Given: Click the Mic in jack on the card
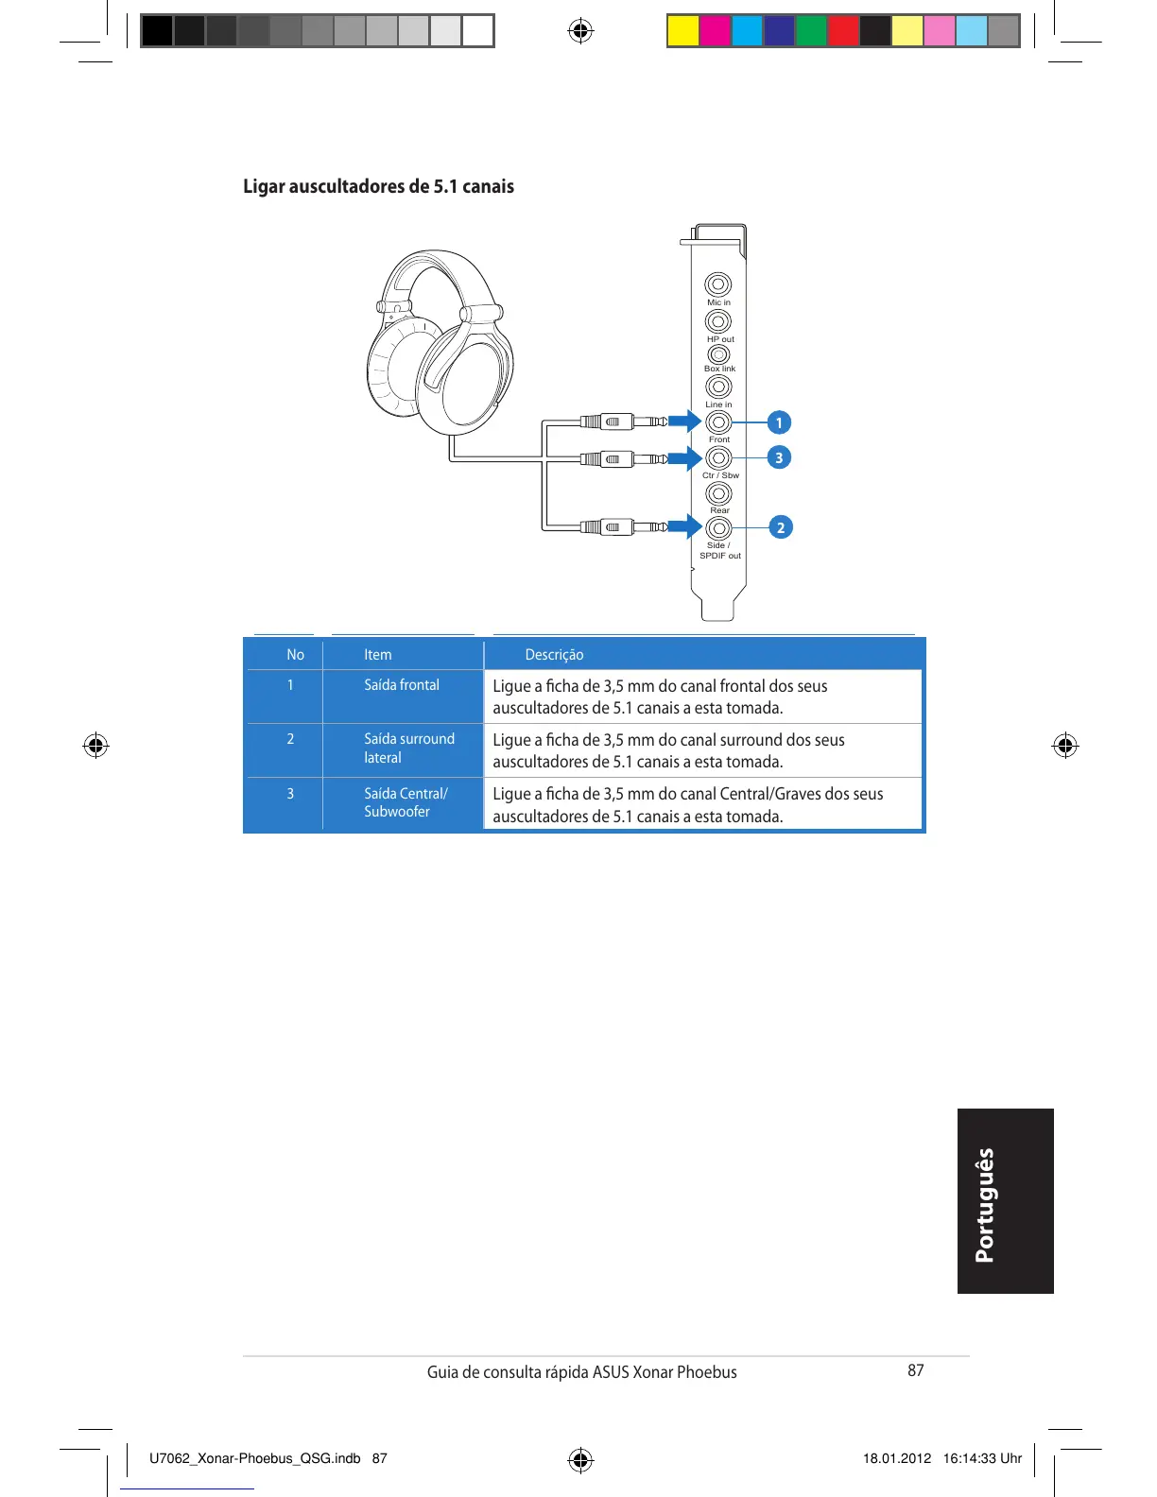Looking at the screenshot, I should click(x=718, y=284).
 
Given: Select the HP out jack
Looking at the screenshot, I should click(x=718, y=321).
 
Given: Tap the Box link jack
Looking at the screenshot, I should click(x=718, y=354).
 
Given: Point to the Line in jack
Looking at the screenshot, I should click(x=718, y=387).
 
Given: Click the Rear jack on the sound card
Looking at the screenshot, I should click(x=719, y=493).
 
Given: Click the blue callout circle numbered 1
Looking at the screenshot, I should click(x=779, y=422).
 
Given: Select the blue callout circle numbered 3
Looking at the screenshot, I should click(x=779, y=457).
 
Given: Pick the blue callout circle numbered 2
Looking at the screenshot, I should click(x=780, y=527).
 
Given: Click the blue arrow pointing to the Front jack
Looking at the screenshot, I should click(x=684, y=422).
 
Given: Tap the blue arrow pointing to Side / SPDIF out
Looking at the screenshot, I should click(x=684, y=526).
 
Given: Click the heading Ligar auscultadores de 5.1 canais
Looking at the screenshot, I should click(x=378, y=186).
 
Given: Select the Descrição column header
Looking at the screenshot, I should click(x=554, y=655).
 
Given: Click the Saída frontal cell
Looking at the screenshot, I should click(x=402, y=685).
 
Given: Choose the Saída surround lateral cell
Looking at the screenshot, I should click(x=408, y=748).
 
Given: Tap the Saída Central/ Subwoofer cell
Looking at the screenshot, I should click(x=406, y=802).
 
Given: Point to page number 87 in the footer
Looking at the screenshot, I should click(x=915, y=1370).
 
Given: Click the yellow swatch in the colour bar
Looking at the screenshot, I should click(x=682, y=30).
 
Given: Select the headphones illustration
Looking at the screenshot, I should click(x=440, y=345).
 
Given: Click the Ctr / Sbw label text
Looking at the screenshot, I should click(x=720, y=475).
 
